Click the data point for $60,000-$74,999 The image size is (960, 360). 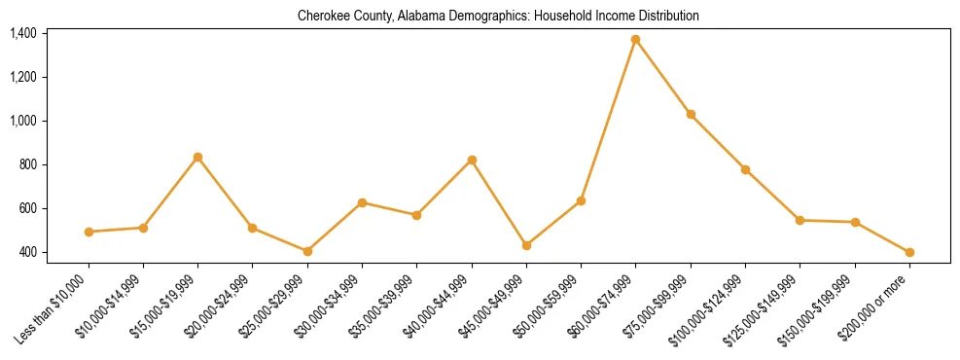coord(635,40)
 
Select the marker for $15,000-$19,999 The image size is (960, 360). coord(197,157)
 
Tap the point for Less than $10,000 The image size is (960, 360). coord(89,232)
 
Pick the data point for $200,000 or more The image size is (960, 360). coord(909,252)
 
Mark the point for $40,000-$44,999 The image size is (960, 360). coord(472,160)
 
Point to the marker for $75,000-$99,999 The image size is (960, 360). coord(691,115)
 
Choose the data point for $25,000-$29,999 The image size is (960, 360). coord(307,251)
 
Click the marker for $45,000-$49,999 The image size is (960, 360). coord(526,245)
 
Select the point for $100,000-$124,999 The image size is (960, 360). coord(745,169)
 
